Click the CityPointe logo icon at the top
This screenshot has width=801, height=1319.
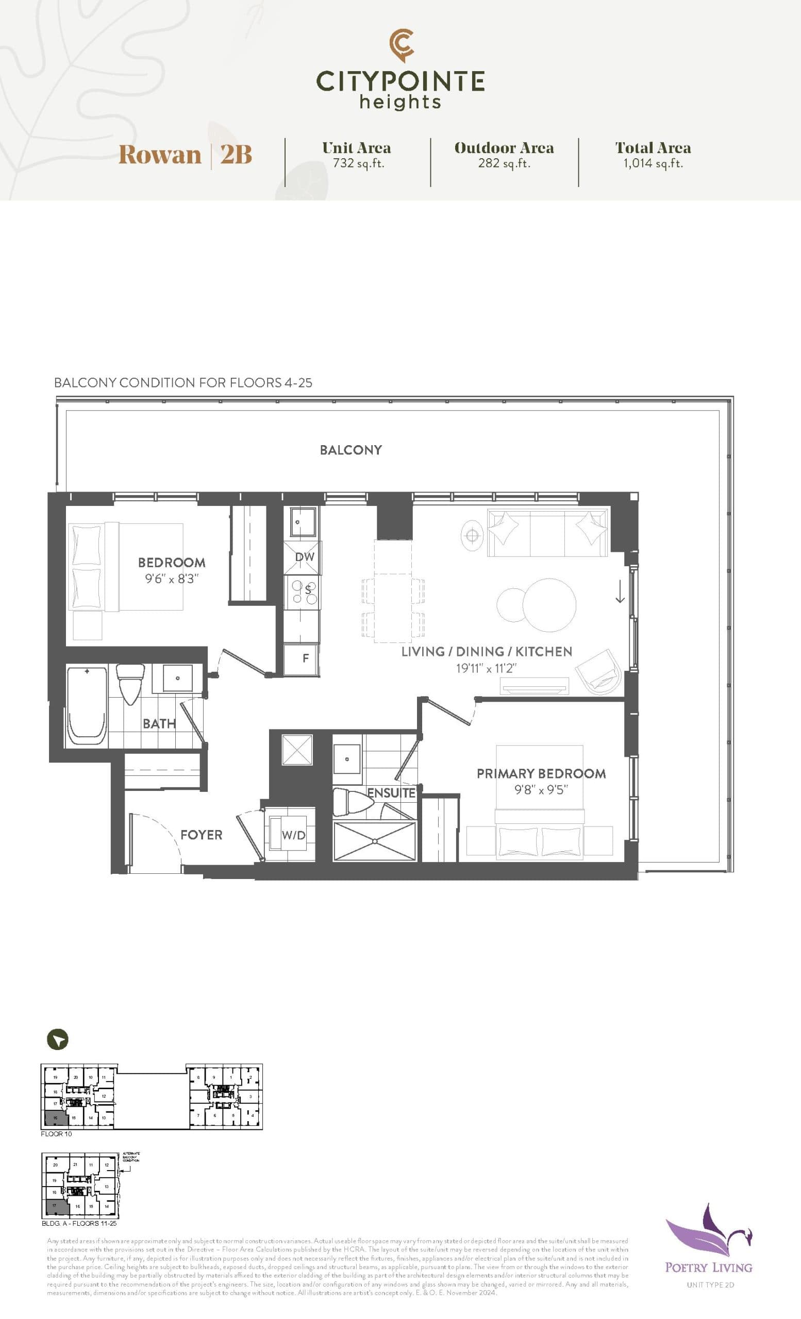coord(401,45)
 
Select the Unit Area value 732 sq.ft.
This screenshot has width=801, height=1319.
coord(358,163)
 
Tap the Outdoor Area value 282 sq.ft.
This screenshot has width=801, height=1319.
coord(504,163)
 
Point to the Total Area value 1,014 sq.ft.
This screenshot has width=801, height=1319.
coord(653,163)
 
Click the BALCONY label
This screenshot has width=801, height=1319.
coord(351,450)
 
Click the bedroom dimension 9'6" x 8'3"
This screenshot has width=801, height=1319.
coord(171,579)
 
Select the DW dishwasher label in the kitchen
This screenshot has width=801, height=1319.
coord(304,557)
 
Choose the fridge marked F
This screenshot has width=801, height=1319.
coord(305,658)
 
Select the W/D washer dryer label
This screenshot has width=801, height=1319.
coord(293,835)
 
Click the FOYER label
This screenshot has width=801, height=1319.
coord(201,835)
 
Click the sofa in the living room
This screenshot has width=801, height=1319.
coord(547,533)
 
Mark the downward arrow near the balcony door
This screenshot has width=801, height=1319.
coord(620,591)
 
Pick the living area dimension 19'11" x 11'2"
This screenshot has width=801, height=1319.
coord(486,668)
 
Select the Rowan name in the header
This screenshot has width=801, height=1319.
coord(160,155)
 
